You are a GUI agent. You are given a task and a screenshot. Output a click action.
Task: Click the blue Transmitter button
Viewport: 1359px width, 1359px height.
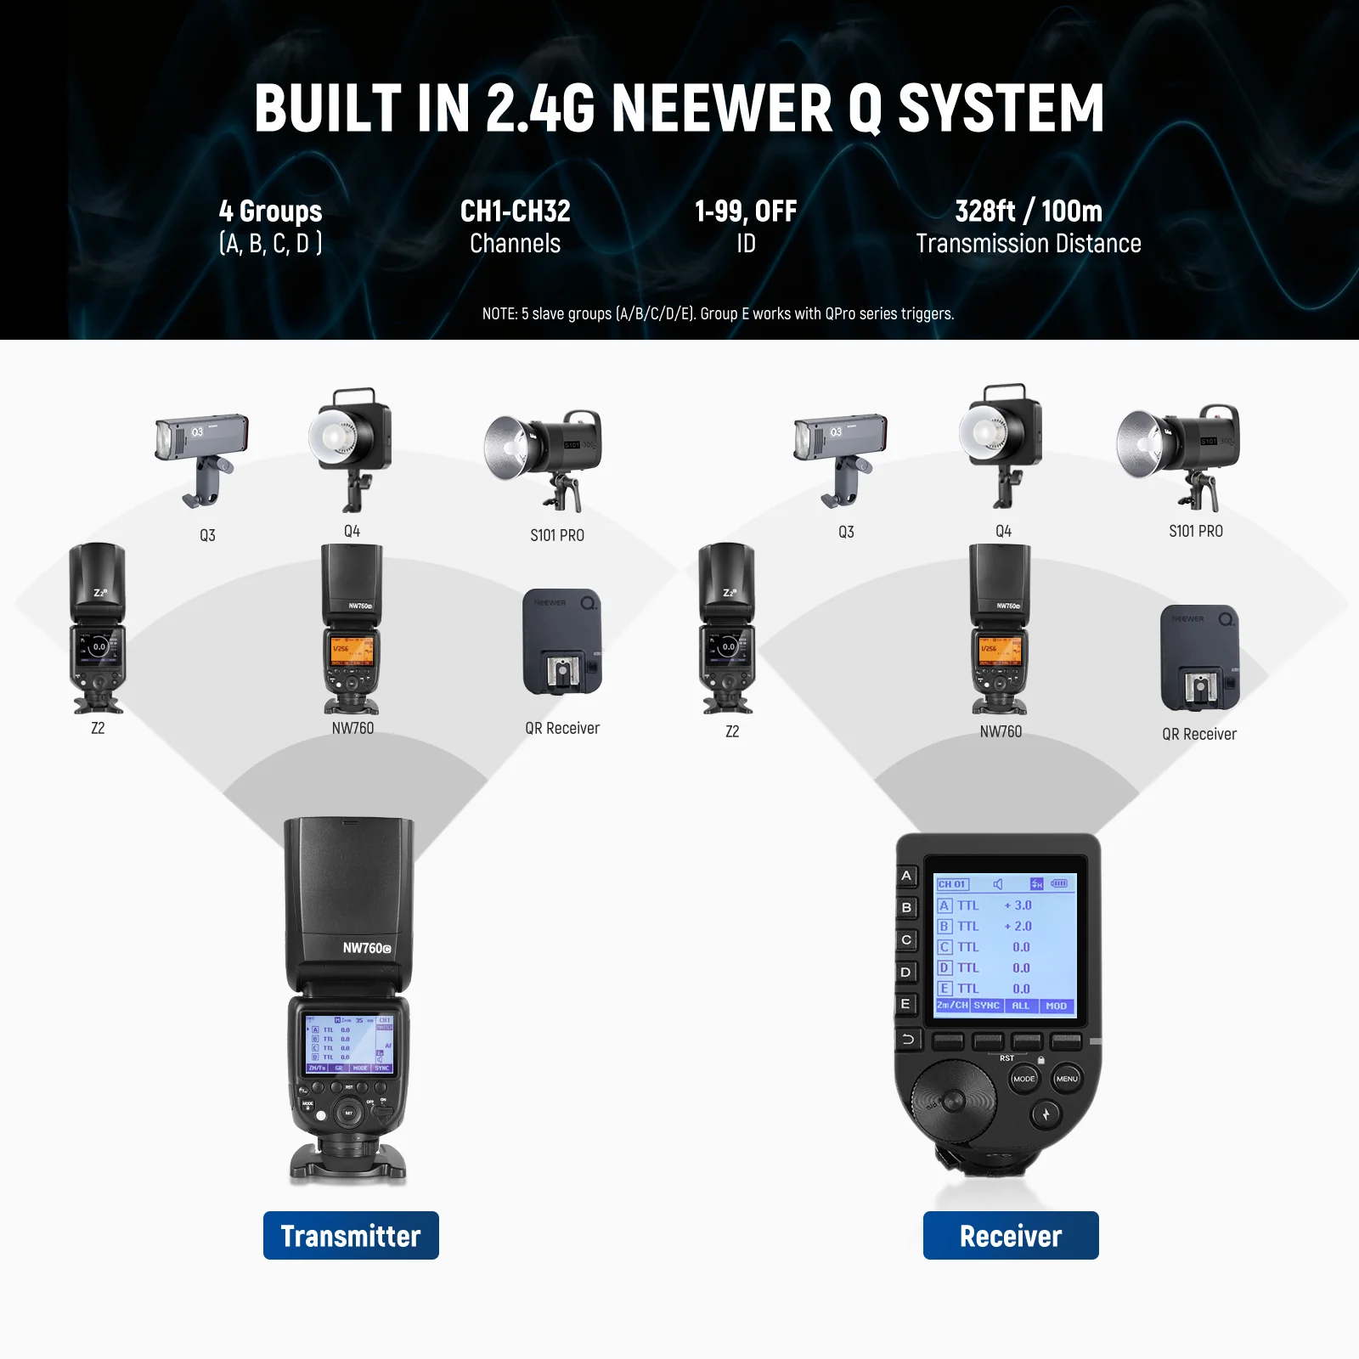click(x=351, y=1235)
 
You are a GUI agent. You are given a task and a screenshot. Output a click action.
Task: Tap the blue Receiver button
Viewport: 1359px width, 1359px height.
click(x=1011, y=1235)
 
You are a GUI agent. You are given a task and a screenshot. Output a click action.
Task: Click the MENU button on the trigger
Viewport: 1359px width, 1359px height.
click(x=1067, y=1079)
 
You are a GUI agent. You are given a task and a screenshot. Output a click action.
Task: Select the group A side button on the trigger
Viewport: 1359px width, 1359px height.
click(x=906, y=876)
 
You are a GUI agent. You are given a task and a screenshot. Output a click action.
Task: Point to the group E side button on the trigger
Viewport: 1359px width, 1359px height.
click(x=906, y=1004)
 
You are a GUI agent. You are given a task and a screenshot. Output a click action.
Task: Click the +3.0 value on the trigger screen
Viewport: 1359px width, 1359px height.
click(x=1018, y=905)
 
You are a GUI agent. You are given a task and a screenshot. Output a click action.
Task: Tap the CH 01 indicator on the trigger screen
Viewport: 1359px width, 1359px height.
click(x=952, y=884)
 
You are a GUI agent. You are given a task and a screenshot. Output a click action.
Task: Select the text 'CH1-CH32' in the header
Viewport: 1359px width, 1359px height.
click(x=515, y=211)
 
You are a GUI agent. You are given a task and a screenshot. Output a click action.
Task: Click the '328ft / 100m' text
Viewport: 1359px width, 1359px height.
click(x=1029, y=211)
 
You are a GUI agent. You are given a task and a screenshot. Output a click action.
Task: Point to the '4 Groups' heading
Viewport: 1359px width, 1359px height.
click(x=270, y=211)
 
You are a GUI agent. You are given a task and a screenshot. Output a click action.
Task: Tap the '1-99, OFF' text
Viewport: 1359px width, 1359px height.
click(x=746, y=211)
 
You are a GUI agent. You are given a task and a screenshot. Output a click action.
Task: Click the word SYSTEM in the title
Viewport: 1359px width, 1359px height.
click(x=1001, y=109)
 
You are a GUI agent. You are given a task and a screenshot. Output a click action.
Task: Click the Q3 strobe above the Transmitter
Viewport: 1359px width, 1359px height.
click(x=202, y=454)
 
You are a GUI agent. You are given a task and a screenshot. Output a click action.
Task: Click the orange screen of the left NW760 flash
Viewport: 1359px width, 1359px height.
click(x=352, y=651)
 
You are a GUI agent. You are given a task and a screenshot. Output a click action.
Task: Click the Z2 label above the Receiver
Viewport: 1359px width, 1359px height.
click(x=732, y=731)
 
